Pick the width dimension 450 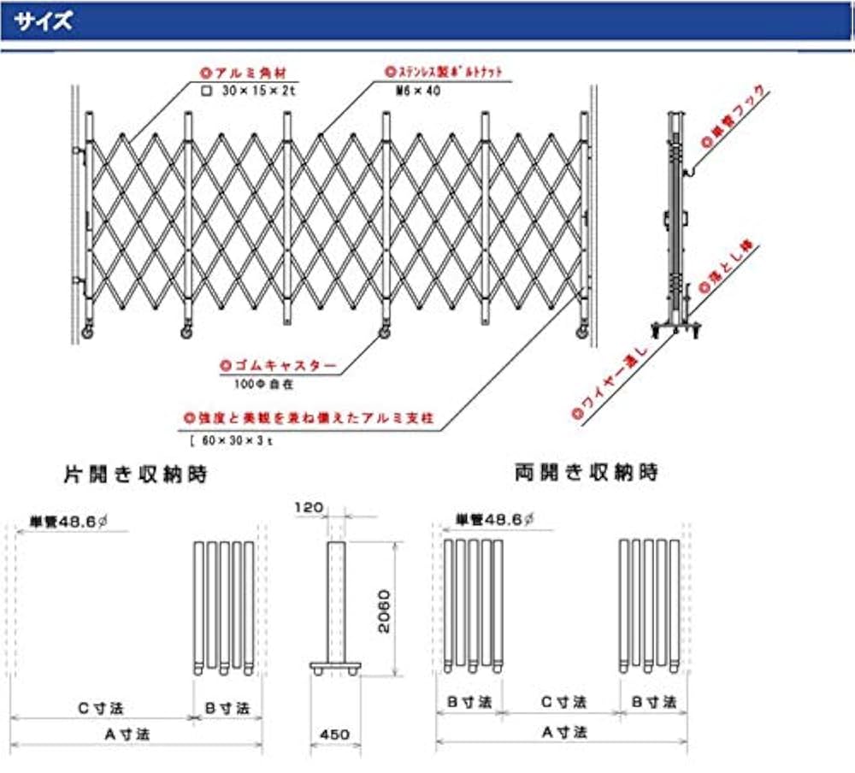click(x=334, y=734)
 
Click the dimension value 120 click(x=310, y=507)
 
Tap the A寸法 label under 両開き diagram click(x=563, y=732)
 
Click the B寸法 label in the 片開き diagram click(x=225, y=708)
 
